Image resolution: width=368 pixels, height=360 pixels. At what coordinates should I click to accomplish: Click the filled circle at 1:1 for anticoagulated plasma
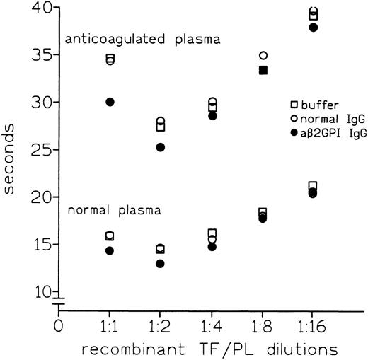110,102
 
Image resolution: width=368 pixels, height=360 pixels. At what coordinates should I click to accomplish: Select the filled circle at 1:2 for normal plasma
160,264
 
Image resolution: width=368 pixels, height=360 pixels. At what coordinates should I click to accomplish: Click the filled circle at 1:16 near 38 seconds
313,28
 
